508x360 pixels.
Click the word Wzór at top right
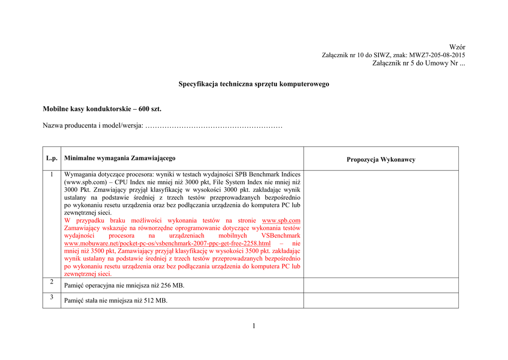(x=457, y=47)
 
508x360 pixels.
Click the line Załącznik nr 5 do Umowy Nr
(x=418, y=63)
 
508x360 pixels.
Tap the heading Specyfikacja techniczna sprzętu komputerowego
(x=254, y=84)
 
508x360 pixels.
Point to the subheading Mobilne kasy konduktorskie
(x=102, y=108)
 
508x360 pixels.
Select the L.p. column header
(x=52, y=158)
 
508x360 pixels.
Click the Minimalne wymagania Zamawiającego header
(x=120, y=158)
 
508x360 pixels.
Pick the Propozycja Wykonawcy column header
(x=381, y=159)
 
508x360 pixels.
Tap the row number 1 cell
(x=52, y=175)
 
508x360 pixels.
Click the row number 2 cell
(x=52, y=282)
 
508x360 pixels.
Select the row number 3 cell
(x=52, y=297)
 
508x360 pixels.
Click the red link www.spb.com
(x=281, y=220)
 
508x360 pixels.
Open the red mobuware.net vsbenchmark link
(x=168, y=243)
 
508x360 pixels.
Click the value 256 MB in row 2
(x=173, y=286)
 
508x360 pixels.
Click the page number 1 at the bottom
(x=254, y=326)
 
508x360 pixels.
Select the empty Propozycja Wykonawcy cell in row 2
(x=381, y=285)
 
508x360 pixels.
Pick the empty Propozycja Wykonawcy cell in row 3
(x=381, y=300)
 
